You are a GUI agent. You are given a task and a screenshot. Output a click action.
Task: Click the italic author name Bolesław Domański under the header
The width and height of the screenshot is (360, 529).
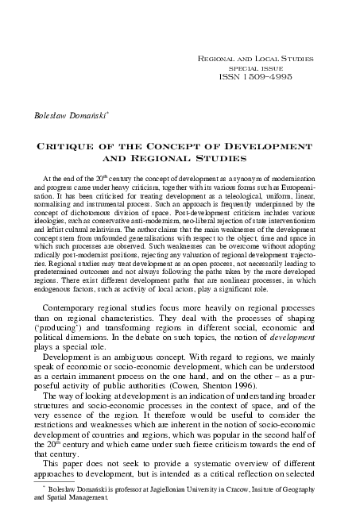pos(68,114)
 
